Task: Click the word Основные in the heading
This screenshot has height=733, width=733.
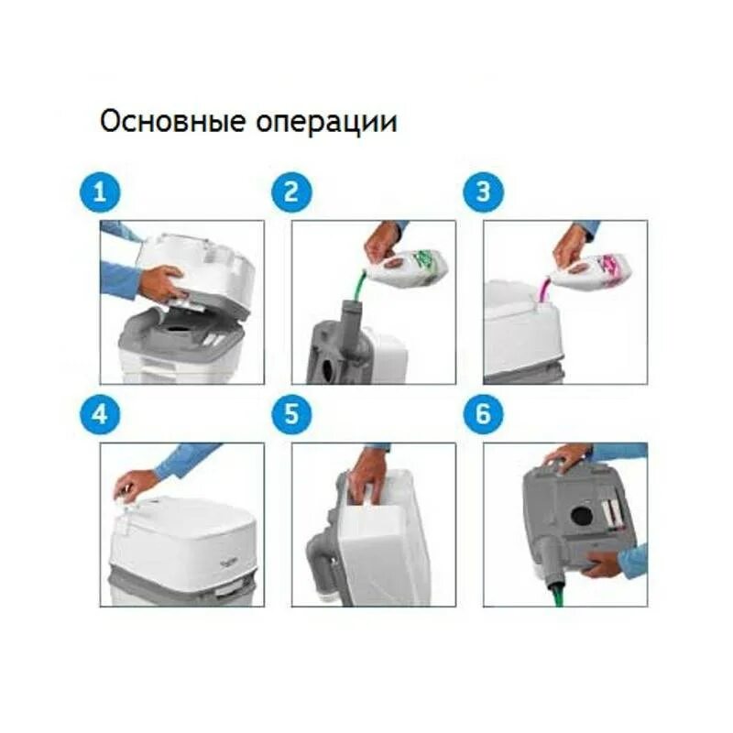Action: pyautogui.click(x=172, y=121)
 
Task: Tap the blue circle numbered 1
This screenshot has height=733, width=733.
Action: pyautogui.click(x=100, y=192)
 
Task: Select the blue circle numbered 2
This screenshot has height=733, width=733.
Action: pyautogui.click(x=291, y=192)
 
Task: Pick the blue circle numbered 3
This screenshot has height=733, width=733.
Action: pyautogui.click(x=484, y=192)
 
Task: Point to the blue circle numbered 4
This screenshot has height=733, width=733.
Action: pyautogui.click(x=100, y=415)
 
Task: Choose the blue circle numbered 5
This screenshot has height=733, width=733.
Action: pyautogui.click(x=291, y=415)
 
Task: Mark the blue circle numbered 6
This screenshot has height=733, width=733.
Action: pyautogui.click(x=484, y=415)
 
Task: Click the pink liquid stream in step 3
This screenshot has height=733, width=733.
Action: pyautogui.click(x=543, y=289)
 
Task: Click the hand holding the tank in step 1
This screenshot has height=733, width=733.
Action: pyautogui.click(x=161, y=282)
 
